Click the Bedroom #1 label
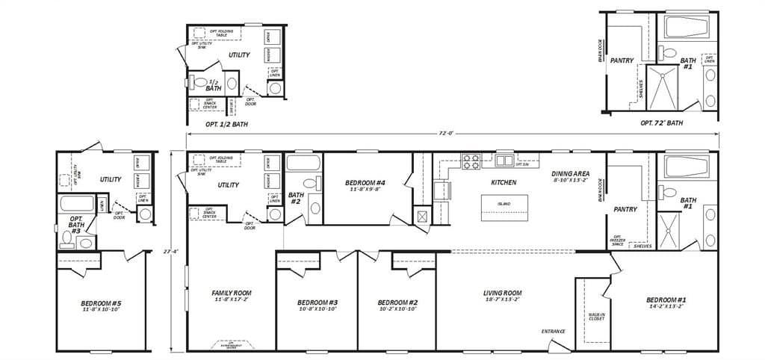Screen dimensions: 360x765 pyautogui.click(x=666, y=300)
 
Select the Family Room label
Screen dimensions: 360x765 pyautogui.click(x=232, y=293)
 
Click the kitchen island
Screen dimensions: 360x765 pyautogui.click(x=506, y=204)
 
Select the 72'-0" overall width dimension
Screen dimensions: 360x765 pyautogui.click(x=446, y=134)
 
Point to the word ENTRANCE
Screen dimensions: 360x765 pyautogui.click(x=553, y=331)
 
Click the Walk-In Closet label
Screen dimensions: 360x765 pyautogui.click(x=596, y=317)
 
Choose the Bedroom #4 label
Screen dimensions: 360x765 pyautogui.click(x=366, y=183)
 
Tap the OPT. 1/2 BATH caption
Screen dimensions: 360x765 pyautogui.click(x=226, y=124)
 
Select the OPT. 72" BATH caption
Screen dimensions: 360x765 pyautogui.click(x=661, y=122)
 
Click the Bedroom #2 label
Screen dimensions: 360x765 pyautogui.click(x=397, y=302)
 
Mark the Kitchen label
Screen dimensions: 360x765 pyautogui.click(x=503, y=182)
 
